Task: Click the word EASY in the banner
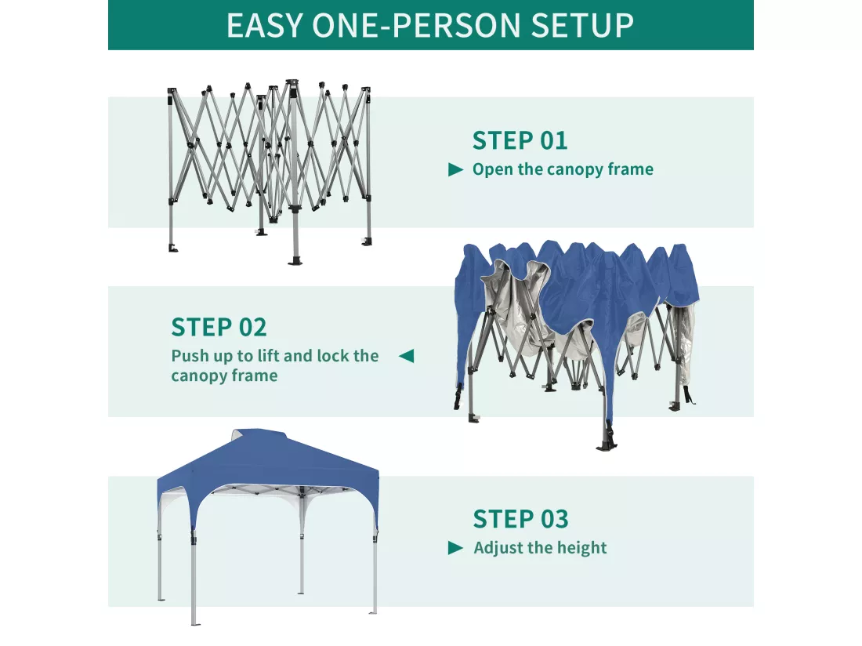265,25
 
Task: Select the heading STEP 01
520,141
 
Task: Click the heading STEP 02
219,328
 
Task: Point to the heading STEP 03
520,519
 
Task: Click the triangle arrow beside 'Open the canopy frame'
456,169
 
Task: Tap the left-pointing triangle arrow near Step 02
406,356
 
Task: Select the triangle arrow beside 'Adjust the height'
456,547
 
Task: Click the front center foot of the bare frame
295,259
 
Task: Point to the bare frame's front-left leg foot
173,248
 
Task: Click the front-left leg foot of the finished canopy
194,623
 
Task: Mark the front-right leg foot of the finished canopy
374,612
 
